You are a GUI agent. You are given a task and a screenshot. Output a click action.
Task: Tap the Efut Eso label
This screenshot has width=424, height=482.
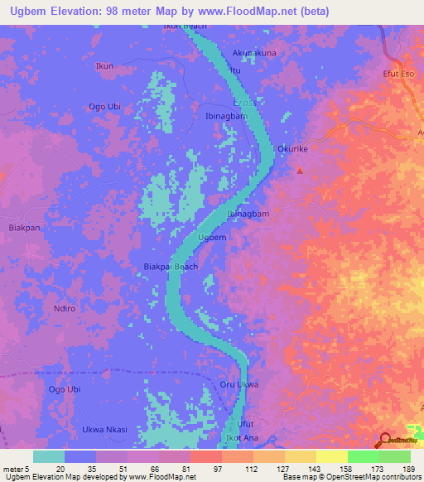(398, 75)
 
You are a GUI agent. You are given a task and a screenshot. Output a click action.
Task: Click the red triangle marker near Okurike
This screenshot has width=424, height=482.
(300, 171)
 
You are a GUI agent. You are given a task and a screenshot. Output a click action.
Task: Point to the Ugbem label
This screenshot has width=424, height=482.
(213, 237)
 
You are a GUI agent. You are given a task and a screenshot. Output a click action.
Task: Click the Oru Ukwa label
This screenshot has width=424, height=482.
(239, 384)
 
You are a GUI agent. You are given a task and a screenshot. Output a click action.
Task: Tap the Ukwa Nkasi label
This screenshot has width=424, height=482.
(104, 429)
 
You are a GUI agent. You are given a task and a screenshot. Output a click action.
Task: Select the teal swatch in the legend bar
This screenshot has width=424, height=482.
(48, 456)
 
